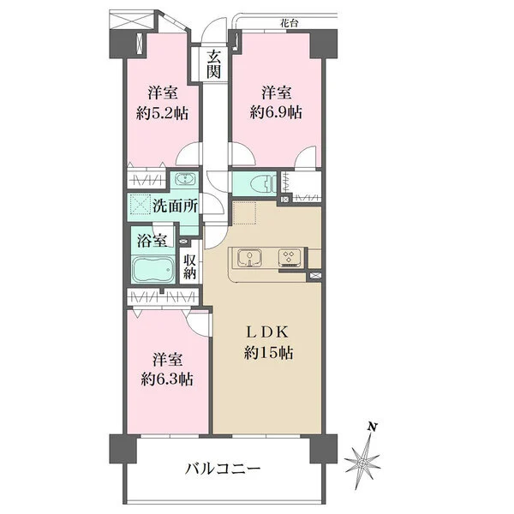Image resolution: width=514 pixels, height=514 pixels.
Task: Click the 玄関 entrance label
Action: click(x=213, y=64)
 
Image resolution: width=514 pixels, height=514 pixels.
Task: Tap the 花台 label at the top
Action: click(x=289, y=23)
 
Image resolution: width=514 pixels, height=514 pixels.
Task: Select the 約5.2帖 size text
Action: click(x=162, y=113)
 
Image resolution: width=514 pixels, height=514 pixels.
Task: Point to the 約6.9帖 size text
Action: click(x=276, y=113)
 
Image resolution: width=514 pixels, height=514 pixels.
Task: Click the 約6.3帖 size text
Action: click(x=167, y=380)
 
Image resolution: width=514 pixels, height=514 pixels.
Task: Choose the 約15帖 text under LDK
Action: click(x=268, y=353)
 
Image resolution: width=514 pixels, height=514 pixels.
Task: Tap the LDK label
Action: click(x=267, y=332)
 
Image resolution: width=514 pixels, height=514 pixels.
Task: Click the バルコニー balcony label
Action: click(x=223, y=469)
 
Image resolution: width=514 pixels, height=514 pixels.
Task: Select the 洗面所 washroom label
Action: click(x=176, y=206)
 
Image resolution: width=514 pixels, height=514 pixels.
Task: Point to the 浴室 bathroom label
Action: click(x=152, y=241)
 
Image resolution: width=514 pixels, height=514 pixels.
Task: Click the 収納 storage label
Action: click(x=189, y=266)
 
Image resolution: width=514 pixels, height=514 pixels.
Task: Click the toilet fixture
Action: click(x=263, y=183)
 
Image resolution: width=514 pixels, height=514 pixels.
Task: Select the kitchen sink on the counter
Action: click(x=249, y=257)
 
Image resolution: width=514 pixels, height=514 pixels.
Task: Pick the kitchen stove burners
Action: click(x=290, y=256)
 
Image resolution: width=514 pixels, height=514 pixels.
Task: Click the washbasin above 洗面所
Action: click(x=185, y=179)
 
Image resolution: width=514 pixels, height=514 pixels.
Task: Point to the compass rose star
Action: click(x=362, y=463)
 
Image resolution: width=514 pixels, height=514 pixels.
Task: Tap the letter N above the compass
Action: click(x=372, y=427)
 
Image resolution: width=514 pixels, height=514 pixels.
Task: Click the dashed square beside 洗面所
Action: click(x=140, y=205)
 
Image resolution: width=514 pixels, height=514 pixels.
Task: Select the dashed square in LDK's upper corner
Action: click(x=244, y=213)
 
